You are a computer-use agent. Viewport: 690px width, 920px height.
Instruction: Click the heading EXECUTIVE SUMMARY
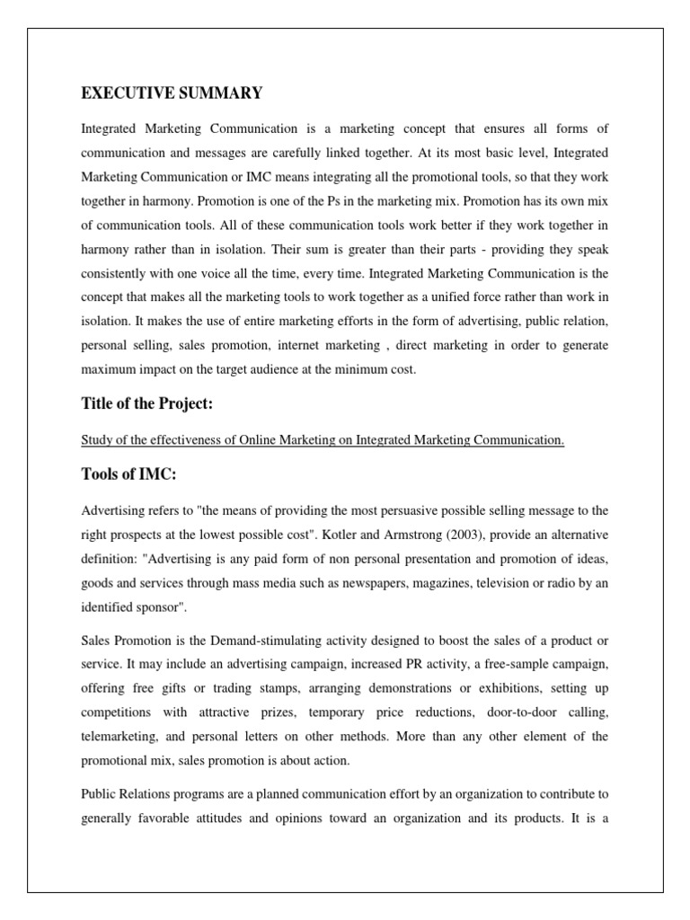pos(172,93)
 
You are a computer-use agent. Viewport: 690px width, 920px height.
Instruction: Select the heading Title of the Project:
pos(147,404)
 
